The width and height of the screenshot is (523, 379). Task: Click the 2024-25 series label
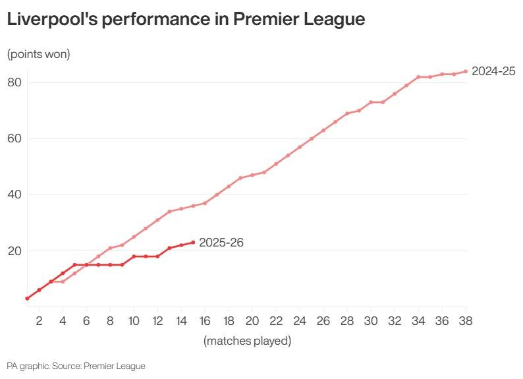(x=493, y=71)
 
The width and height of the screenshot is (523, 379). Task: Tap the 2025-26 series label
(x=221, y=243)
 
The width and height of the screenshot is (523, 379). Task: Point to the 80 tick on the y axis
(x=15, y=82)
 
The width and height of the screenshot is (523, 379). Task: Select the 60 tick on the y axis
(x=15, y=138)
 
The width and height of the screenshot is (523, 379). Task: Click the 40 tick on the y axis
(x=15, y=194)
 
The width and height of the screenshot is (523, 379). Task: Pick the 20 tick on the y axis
(x=15, y=251)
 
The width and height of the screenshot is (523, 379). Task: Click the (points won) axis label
(x=38, y=54)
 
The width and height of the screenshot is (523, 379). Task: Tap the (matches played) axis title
(x=247, y=341)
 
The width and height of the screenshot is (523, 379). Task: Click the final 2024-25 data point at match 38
(x=466, y=71)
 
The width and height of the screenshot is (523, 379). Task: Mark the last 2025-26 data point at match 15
(x=193, y=243)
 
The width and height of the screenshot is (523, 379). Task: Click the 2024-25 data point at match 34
(x=418, y=77)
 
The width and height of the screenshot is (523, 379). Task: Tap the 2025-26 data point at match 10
(x=134, y=256)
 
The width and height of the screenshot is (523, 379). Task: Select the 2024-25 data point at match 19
(x=240, y=178)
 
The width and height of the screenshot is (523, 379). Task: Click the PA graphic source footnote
(x=76, y=366)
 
